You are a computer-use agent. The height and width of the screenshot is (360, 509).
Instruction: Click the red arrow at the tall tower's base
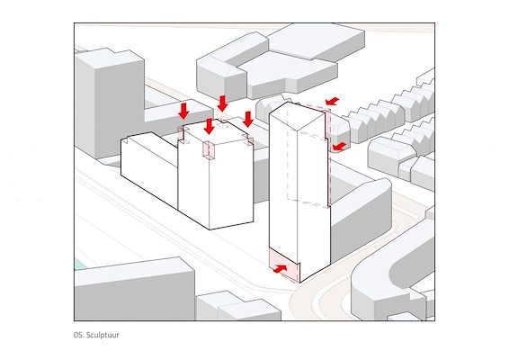281,269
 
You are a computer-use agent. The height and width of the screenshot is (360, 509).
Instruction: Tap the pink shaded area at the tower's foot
283,265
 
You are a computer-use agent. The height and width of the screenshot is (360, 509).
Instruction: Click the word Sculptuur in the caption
103,335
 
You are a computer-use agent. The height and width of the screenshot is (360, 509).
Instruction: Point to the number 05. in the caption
79,335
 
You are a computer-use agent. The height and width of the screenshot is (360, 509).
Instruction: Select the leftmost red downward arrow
183,111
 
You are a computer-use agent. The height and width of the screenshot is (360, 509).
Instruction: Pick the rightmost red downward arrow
248,119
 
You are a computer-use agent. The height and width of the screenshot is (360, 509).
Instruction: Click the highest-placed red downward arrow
222,103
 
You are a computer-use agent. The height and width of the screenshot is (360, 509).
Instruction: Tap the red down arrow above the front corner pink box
210,126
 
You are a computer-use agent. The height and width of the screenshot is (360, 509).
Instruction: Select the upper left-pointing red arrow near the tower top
333,101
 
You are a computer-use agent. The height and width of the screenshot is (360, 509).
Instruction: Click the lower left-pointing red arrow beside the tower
340,147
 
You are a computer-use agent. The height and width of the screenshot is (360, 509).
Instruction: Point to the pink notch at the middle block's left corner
183,135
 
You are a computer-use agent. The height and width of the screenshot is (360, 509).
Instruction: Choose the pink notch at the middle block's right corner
249,140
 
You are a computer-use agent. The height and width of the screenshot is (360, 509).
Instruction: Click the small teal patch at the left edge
80,264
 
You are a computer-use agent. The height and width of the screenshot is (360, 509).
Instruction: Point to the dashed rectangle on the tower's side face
307,169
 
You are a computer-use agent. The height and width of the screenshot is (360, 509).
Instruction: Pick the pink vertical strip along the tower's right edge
328,156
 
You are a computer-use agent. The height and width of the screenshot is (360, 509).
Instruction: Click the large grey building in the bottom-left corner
133,291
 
